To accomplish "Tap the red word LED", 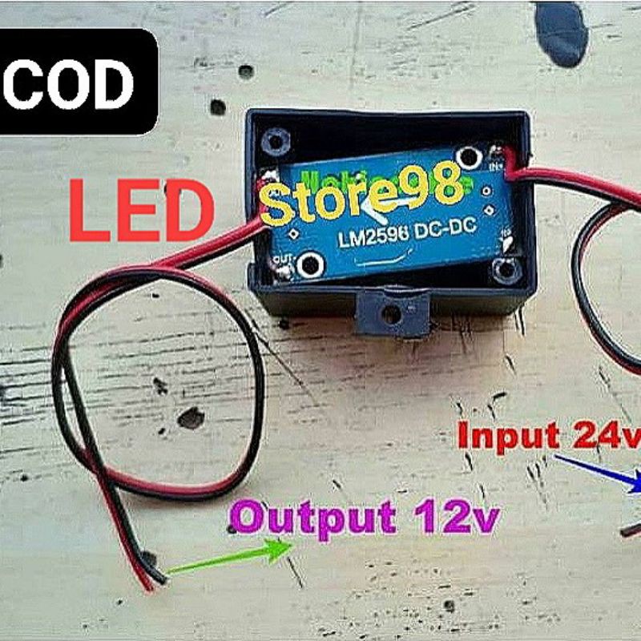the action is (x=141, y=211).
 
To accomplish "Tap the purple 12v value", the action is (x=455, y=517).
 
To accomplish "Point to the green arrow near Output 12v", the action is (x=232, y=558).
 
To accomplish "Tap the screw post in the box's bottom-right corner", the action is (x=506, y=272).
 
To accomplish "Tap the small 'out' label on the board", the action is (x=281, y=260).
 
